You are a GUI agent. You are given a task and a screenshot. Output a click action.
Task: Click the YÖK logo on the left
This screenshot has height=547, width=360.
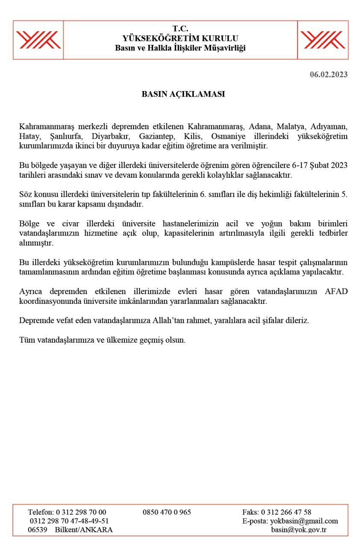38,40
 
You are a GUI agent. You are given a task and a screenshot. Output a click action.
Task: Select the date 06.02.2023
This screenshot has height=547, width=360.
328,75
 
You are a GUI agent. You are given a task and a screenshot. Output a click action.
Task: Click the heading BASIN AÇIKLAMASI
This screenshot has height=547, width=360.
183,94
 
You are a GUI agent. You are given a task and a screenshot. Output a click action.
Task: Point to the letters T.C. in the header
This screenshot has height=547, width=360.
180,29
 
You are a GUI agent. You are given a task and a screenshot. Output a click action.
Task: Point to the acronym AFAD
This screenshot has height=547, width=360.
336,292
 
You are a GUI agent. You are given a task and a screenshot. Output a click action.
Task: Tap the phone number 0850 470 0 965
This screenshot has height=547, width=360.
167,512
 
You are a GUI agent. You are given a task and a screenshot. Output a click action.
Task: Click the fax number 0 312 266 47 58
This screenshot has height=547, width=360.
286,512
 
